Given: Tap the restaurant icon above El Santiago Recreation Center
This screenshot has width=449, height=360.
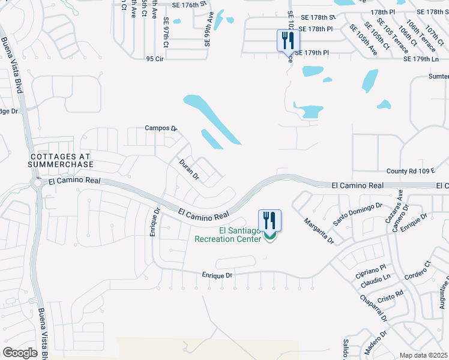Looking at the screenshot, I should pyautogui.click(x=270, y=220).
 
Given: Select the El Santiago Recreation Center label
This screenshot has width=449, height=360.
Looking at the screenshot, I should pyautogui.click(x=228, y=235).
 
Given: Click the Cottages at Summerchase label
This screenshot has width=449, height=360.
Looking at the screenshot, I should pyautogui.click(x=62, y=160).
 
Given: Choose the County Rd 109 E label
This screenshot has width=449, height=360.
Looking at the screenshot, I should pyautogui.click(x=410, y=171).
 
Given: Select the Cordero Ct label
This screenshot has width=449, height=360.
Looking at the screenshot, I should pyautogui.click(x=418, y=273).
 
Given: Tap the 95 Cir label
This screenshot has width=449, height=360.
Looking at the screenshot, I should pyautogui.click(x=155, y=59).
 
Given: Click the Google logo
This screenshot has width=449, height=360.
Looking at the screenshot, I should pyautogui.click(x=20, y=353).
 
